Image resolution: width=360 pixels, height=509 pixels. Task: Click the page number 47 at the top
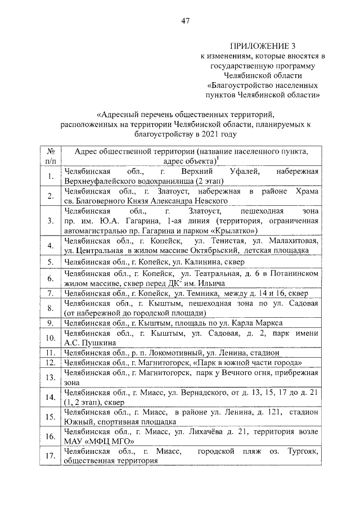(x=185, y=21)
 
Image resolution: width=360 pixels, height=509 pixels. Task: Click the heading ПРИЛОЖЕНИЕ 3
(x=263, y=46)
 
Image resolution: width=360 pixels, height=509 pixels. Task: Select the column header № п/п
(x=50, y=156)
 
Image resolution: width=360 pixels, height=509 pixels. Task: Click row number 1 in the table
(x=50, y=177)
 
